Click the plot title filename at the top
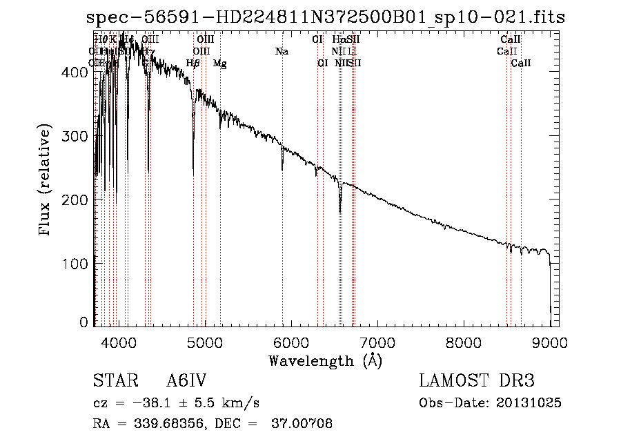[x=324, y=17]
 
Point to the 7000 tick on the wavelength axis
[x=377, y=342]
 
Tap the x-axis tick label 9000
[x=550, y=342]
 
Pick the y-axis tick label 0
[x=83, y=322]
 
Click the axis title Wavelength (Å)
[x=325, y=360]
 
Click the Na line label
[x=282, y=52]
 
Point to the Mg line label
[x=219, y=64]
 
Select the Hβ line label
[x=193, y=64]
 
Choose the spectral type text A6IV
[x=187, y=381]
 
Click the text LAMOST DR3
[x=477, y=381]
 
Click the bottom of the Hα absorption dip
[x=339, y=211]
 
